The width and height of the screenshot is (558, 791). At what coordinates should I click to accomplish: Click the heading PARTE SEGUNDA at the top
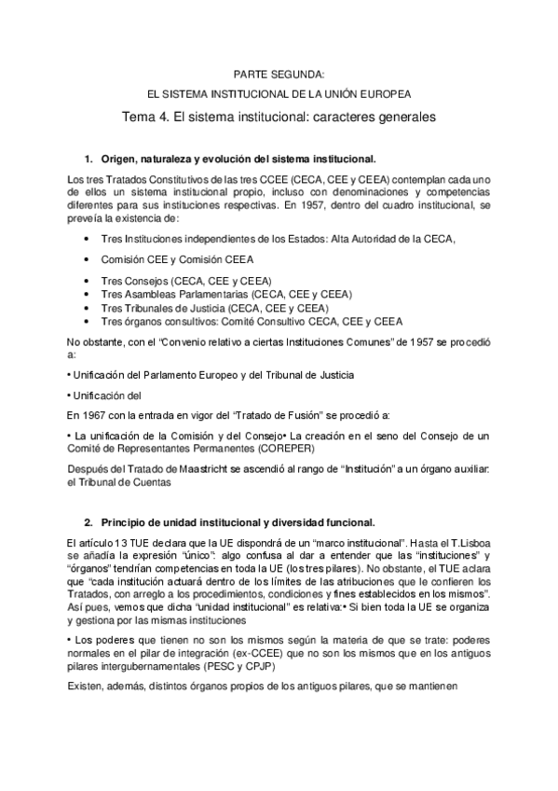pos(279,72)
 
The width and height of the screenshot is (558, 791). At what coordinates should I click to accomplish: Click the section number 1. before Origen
pos(89,159)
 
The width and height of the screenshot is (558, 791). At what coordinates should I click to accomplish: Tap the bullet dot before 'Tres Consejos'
pos(87,280)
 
